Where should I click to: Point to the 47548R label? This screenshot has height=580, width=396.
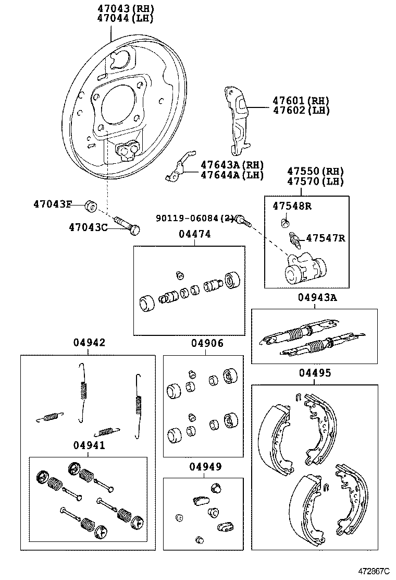coord(292,206)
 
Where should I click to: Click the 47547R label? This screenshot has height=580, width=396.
coord(325,238)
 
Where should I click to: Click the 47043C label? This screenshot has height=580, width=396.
coord(89,227)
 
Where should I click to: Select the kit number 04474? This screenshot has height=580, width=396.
coord(195,235)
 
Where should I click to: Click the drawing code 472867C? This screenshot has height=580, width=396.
coord(373,572)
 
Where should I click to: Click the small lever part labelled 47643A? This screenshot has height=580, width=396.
coord(176,170)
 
